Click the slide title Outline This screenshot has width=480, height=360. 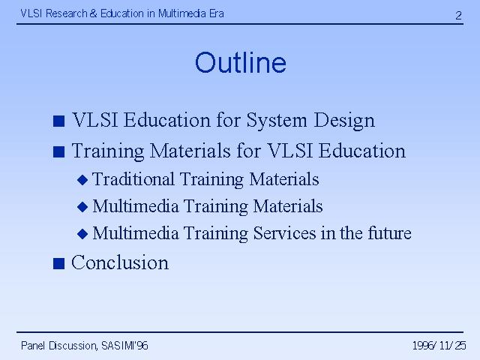241,62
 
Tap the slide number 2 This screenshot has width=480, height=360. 458,15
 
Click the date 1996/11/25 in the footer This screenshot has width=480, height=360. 439,346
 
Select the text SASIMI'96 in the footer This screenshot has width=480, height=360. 124,346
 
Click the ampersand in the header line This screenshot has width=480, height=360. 93,13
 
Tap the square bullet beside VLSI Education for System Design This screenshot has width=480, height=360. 58,121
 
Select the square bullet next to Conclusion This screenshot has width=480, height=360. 58,263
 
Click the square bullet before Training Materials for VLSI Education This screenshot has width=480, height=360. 58,151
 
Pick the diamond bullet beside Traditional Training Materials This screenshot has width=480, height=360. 82,180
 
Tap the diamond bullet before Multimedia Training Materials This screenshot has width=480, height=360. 82,207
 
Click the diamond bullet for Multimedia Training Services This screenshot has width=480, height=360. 82,234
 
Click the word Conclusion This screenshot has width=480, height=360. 120,262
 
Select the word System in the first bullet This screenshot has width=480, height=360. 277,120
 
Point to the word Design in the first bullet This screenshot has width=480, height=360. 344,120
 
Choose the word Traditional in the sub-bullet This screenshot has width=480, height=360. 133,178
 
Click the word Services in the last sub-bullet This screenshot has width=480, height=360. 285,233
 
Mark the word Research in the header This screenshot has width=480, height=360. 67,13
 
